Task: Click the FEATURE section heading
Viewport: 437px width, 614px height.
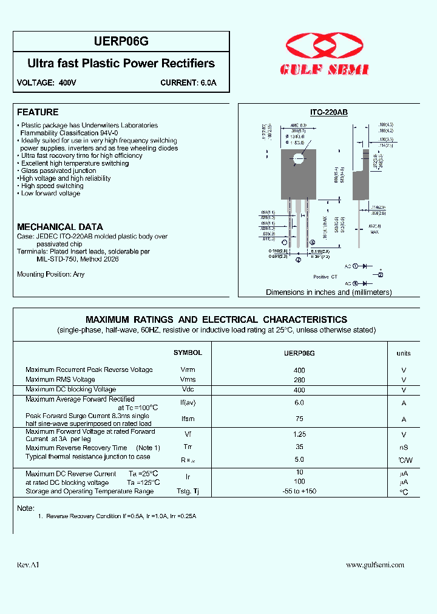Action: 38,112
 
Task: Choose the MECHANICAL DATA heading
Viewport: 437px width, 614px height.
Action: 60,227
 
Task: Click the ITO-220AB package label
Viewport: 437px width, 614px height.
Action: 328,113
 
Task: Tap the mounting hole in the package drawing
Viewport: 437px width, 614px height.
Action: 298,160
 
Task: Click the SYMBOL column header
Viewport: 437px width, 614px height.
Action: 188,353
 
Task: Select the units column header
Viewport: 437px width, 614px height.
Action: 404,353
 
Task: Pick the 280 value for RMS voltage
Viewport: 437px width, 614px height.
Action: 299,380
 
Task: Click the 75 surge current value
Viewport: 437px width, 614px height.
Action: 299,419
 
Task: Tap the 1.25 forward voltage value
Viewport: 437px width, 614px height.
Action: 299,434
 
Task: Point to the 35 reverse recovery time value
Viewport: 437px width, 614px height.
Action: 299,447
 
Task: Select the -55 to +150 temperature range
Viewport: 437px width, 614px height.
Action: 299,491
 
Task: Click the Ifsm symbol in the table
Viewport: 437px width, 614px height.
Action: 188,419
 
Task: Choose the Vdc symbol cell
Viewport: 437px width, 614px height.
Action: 188,390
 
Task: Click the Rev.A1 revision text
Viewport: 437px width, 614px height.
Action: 28,564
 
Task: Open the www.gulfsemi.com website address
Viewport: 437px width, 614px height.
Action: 374,564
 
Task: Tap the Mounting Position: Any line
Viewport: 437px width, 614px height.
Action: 51,274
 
